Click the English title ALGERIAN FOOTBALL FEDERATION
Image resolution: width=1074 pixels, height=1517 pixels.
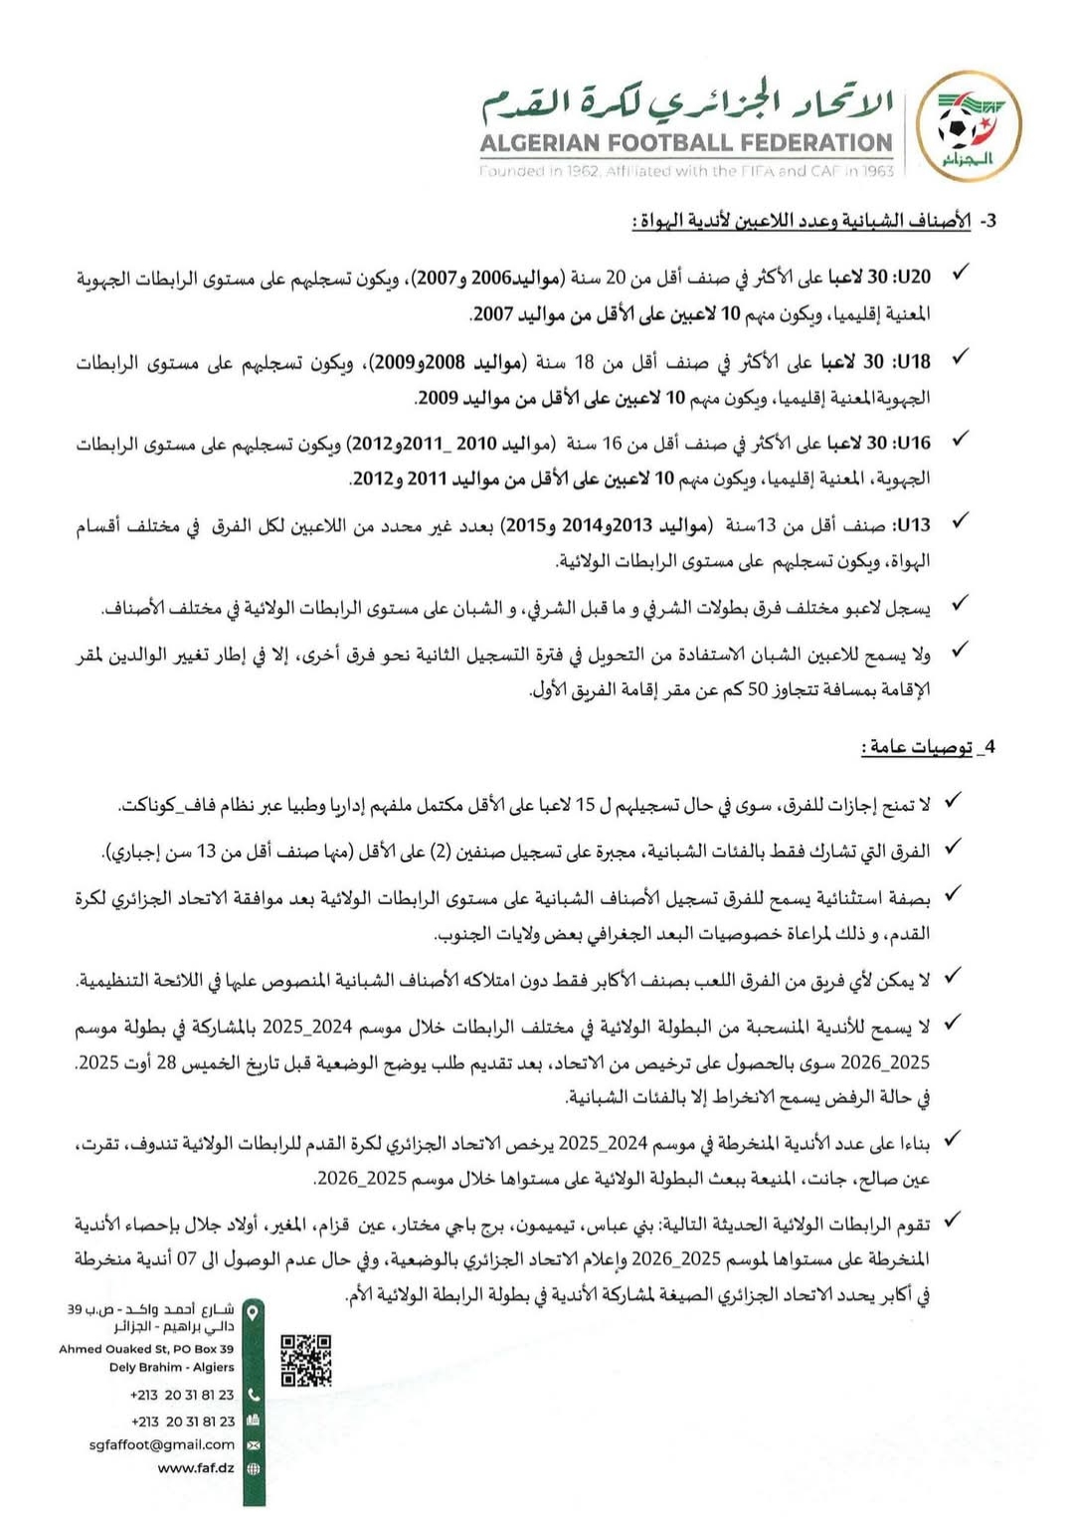pos(686,143)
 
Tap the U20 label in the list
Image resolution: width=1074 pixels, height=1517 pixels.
pos(913,277)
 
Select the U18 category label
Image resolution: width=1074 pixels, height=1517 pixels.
pos(913,359)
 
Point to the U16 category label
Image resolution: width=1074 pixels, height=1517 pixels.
pos(913,442)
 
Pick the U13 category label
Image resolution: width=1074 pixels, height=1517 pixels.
pos(913,524)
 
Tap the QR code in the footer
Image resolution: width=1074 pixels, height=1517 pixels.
pos(306,1360)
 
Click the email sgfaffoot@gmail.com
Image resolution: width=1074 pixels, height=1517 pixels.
pos(162,1444)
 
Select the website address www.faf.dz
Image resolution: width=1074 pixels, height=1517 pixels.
pos(196,1468)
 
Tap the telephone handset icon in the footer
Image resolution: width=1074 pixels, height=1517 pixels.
pos(253,1395)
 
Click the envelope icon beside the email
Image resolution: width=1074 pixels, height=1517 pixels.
pos(253,1444)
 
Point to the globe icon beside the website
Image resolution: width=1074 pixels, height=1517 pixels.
pos(253,1468)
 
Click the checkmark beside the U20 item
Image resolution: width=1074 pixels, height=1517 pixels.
pos(961,273)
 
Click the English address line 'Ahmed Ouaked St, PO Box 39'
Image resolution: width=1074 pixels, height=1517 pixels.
pos(146,1349)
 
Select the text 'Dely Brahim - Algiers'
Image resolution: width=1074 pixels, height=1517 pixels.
pos(171,1367)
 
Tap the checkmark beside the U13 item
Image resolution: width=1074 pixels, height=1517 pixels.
pos(961,520)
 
